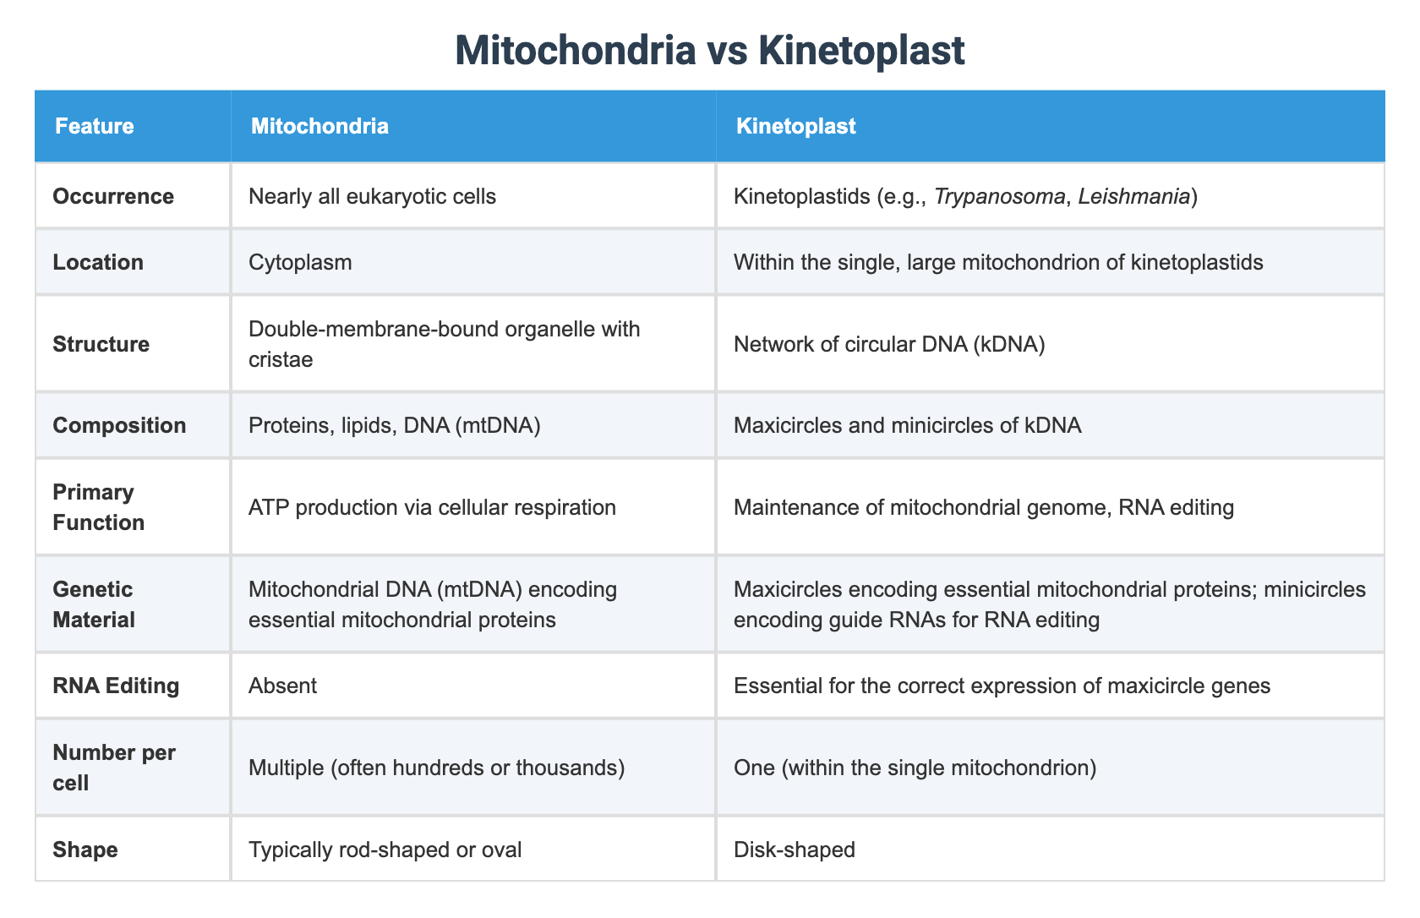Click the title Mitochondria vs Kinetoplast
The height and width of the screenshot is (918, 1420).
tap(709, 51)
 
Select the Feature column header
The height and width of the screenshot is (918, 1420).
tap(94, 127)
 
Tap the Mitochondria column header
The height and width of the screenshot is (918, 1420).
tap(319, 127)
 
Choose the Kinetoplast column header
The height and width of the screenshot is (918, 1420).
tap(795, 127)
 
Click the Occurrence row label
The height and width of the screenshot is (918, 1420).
tap(113, 196)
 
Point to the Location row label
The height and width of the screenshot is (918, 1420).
tap(98, 262)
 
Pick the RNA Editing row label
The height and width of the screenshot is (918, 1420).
tap(116, 685)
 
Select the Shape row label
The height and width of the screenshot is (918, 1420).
tap(85, 849)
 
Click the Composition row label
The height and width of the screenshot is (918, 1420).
tap(119, 424)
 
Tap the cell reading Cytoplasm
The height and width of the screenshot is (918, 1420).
tap(300, 262)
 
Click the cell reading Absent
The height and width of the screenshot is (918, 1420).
tap(282, 685)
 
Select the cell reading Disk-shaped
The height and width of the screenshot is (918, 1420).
tap(794, 849)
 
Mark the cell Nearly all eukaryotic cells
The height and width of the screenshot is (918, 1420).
tap(372, 196)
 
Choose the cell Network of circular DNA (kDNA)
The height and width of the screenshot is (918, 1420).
tap(889, 344)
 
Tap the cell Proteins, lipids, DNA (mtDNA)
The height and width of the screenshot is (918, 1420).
tap(395, 424)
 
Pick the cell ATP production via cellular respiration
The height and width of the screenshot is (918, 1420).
tap(432, 507)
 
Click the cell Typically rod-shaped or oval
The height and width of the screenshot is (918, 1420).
tap(385, 849)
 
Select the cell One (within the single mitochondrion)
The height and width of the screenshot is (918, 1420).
tap(915, 768)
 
